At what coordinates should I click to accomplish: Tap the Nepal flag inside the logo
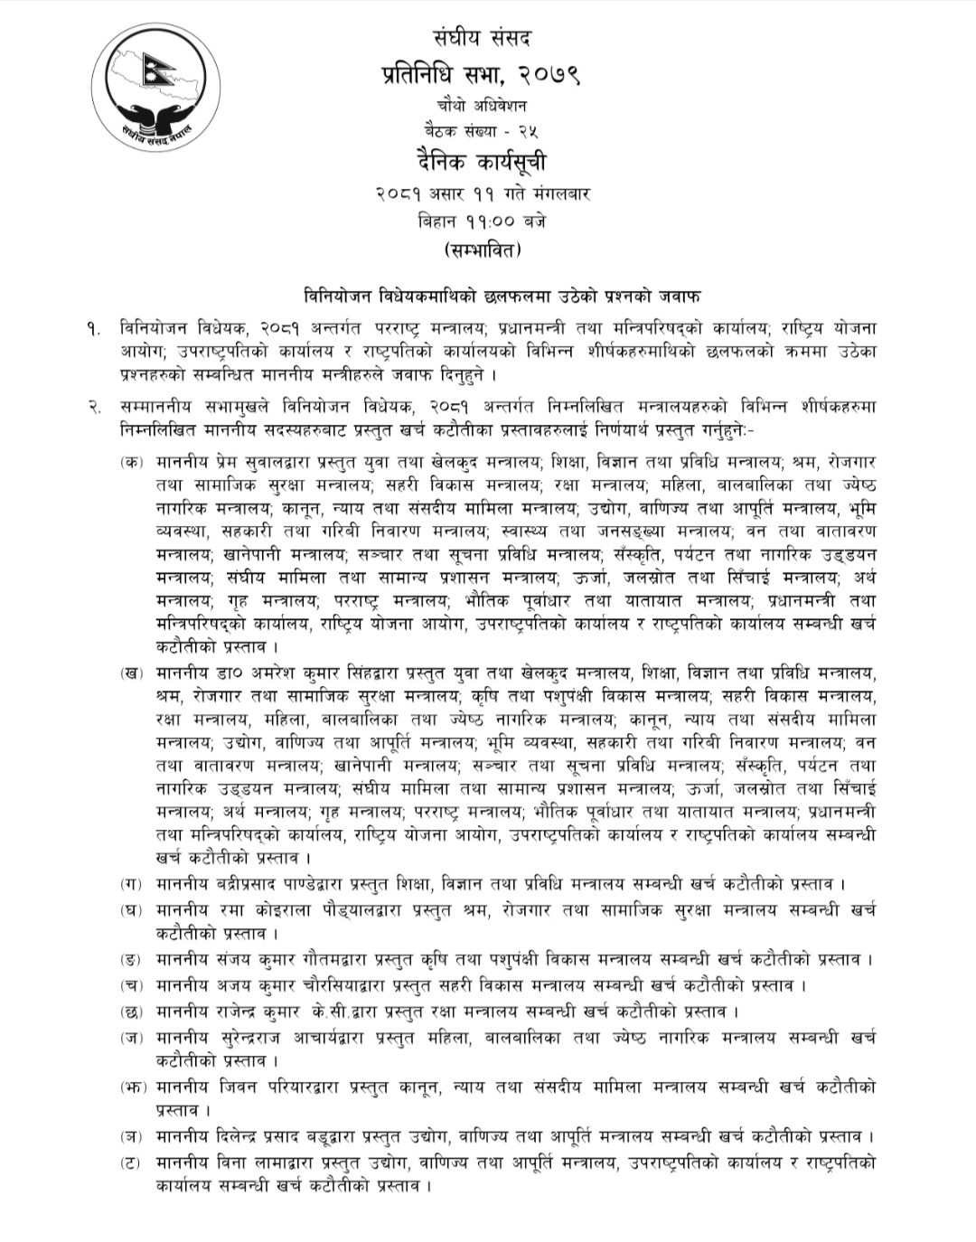(x=167, y=68)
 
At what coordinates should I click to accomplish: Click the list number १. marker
(x=95, y=328)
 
